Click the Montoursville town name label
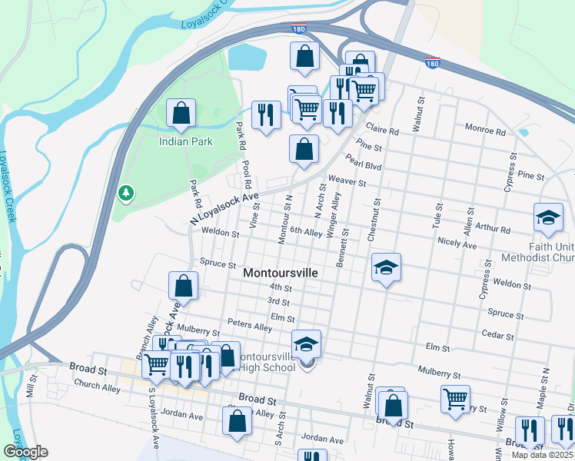click(x=281, y=273)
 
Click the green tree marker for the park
click(x=125, y=192)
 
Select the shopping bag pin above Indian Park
click(x=181, y=114)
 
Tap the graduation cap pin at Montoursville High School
click(x=306, y=343)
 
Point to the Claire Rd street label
click(x=383, y=131)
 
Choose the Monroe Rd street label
click(x=485, y=131)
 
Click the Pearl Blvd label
click(x=364, y=164)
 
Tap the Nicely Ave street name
click(x=457, y=244)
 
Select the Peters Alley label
click(x=250, y=327)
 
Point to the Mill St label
click(x=31, y=386)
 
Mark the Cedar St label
click(x=497, y=333)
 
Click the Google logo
click(x=25, y=452)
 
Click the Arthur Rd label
click(x=494, y=228)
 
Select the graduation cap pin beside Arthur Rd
click(x=548, y=218)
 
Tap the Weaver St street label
click(x=346, y=181)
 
